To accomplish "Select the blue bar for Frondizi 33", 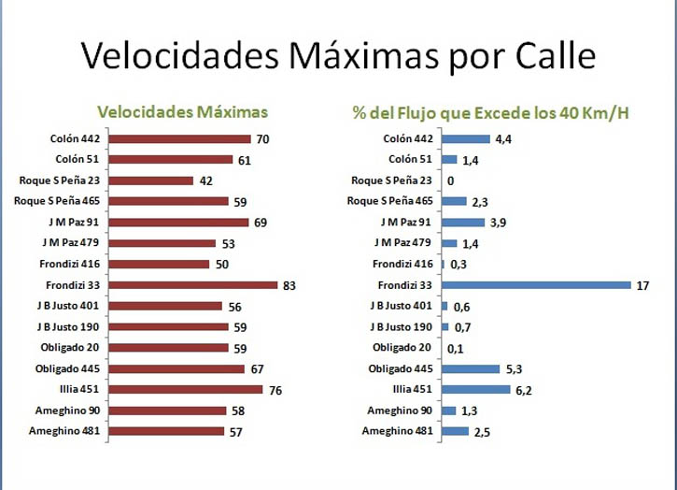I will [x=533, y=285].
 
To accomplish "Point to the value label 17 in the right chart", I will [x=642, y=285].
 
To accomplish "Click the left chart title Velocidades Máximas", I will [x=182, y=112].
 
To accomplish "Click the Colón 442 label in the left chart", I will [x=76, y=139].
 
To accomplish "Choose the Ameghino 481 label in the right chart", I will [x=398, y=431].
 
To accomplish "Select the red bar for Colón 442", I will [x=183, y=139].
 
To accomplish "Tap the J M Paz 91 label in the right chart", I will [x=407, y=223].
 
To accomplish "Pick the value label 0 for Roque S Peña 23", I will [x=451, y=180].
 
